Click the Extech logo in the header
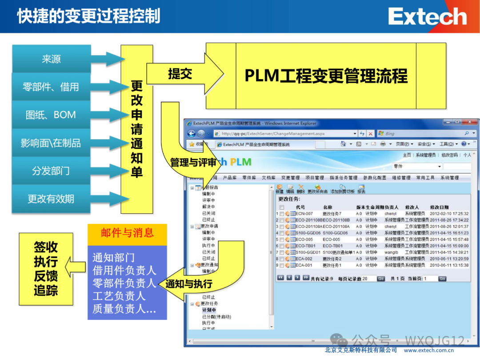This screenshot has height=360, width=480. [427, 17]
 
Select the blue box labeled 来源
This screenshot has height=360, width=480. [51, 59]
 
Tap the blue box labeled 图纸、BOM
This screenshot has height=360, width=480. [51, 115]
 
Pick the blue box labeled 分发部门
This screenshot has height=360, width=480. [51, 171]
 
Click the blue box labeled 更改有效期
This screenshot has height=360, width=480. [51, 199]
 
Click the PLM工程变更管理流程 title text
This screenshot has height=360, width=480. [326, 76]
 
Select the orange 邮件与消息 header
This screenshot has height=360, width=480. [127, 233]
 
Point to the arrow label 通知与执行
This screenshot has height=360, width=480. [189, 284]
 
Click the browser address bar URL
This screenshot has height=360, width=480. [273, 133]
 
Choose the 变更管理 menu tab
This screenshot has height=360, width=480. [291, 178]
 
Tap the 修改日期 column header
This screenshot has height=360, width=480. [439, 207]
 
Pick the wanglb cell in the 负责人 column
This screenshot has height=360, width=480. [392, 252]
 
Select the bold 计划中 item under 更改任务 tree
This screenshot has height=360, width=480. [209, 310]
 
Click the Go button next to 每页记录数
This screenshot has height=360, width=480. [381, 279]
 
